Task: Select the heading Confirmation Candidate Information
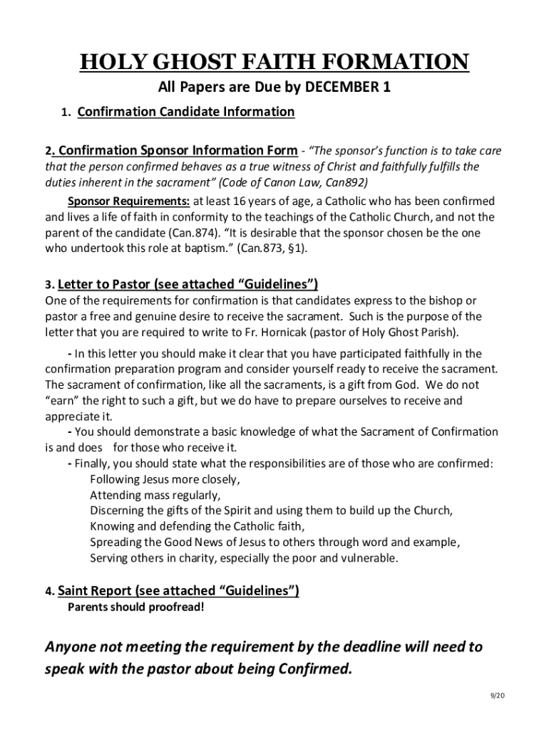185,112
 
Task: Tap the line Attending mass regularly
155,495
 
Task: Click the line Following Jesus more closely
165,479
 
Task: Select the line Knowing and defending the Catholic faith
197,526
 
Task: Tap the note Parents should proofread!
135,607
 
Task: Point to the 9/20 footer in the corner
496,696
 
